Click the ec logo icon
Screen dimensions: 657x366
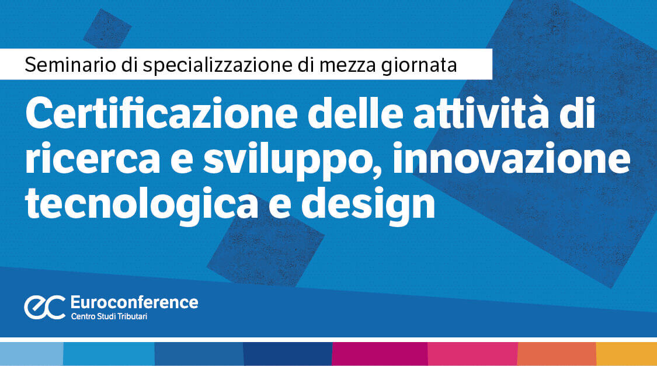point(44,307)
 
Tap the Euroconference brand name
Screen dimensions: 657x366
point(134,302)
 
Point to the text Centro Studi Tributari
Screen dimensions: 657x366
point(109,316)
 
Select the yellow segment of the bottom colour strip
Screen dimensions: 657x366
point(627,354)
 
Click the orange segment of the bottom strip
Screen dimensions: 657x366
point(557,354)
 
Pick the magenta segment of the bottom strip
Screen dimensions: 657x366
point(380,354)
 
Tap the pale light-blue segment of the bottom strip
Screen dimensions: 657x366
point(32,354)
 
